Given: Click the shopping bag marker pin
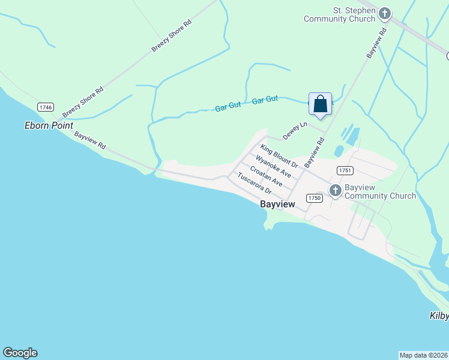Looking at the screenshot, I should coord(321,104).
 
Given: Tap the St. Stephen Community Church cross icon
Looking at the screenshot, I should coord(385,13).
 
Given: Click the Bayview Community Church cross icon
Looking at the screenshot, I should coord(335,191).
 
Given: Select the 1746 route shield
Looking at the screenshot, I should coord(45,107).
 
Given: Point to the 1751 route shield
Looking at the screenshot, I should coord(344,170).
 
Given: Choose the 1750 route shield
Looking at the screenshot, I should coord(314,198).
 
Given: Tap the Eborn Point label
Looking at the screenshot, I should coord(49,125).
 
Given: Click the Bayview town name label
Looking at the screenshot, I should coord(277,205).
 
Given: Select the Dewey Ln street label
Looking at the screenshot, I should coord(295,131).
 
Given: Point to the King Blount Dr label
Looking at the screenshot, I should coord(279,155).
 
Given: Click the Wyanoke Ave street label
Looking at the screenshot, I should coord(273,166).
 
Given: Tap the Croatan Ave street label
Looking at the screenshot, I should coord(266,176).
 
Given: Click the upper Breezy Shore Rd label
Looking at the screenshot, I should coord(171,35).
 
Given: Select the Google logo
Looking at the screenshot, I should coord(20,353).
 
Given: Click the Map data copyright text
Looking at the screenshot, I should coord(424,355).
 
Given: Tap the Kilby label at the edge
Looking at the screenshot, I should coord(439,316).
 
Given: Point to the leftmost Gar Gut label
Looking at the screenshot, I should coord(228,106).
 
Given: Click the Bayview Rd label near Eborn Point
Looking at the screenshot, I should coord(90,140).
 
